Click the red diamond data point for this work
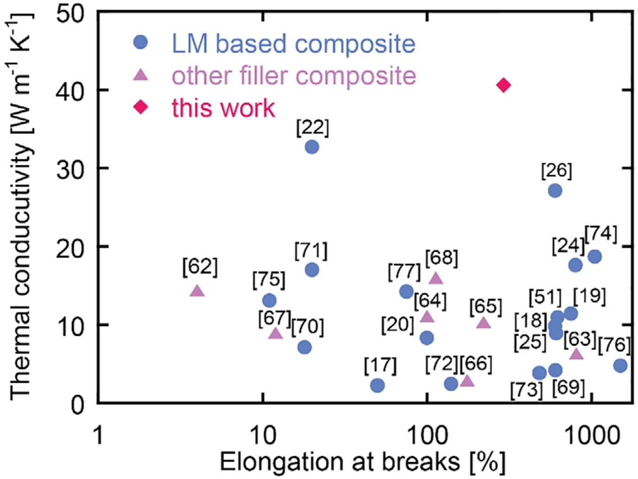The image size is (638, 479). point(504,85)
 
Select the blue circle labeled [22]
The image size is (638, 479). point(311,147)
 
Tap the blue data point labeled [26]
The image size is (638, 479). point(555,190)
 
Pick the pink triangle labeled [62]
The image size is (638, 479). point(197,292)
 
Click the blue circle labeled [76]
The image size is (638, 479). point(620,365)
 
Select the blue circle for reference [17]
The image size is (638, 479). point(377,385)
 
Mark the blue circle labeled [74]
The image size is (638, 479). point(594,256)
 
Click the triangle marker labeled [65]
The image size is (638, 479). point(483,323)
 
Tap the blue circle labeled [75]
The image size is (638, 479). point(269,300)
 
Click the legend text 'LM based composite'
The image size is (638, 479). point(293,44)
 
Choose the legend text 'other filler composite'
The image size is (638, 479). point(294,76)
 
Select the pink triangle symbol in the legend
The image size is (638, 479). point(141,75)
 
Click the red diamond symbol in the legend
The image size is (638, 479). point(141,107)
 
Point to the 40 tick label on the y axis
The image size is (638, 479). point(70,90)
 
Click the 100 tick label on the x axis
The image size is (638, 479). point(427,436)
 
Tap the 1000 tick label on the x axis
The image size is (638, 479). point(591,436)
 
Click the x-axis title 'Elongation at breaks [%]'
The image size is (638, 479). point(362,462)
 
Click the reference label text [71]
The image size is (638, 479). point(311,251)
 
